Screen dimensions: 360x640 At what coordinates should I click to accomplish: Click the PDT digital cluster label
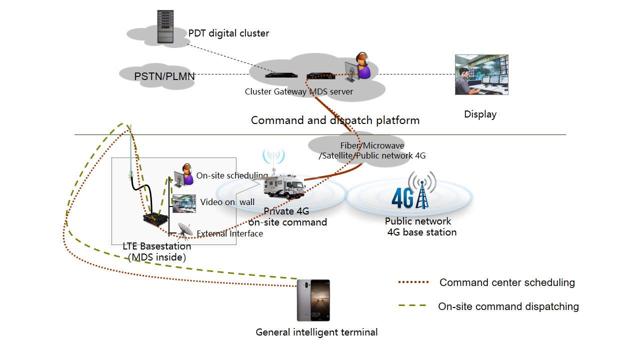pos(228,33)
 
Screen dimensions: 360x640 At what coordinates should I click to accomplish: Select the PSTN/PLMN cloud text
pos(164,76)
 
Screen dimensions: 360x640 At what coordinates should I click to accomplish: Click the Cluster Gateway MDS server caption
pos(298,91)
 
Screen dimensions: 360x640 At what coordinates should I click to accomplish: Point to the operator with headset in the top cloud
pos(360,66)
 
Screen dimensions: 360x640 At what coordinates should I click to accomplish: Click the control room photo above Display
pos(481,75)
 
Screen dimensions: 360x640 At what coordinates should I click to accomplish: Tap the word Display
pos(480,114)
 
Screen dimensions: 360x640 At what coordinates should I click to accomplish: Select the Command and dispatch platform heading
pos(335,120)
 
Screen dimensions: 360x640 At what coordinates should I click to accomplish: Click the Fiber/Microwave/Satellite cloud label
pos(372,150)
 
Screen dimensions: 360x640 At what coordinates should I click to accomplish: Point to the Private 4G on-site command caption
pos(287,217)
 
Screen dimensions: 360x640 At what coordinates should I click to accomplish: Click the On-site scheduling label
pos(232,175)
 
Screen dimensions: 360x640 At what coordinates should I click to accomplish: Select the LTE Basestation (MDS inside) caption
pos(157,252)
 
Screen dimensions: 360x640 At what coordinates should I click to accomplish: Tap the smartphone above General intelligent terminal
pos(313,300)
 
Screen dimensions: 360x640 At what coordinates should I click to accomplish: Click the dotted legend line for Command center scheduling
pos(413,282)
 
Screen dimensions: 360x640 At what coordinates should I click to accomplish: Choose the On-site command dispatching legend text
pos(508,306)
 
